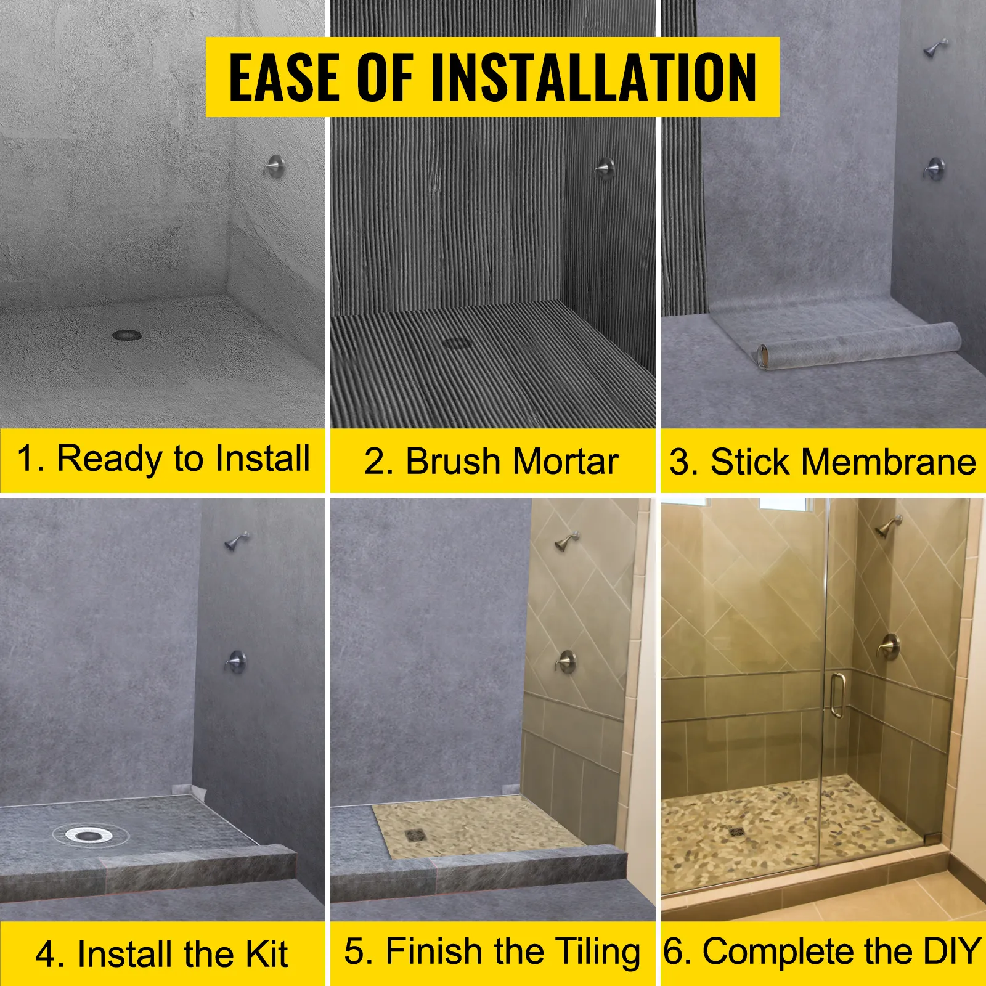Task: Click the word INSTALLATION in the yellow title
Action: pos(593,78)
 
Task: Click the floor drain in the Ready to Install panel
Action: pos(127,335)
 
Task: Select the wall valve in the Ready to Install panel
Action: pos(274,166)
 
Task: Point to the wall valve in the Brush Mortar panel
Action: pos(605,168)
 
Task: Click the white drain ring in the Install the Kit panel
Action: pos(91,835)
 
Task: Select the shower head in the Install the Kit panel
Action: pos(237,540)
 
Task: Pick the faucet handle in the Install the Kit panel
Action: pos(235,661)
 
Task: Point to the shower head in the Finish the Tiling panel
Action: pos(567,540)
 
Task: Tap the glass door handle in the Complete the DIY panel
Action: pos(836,695)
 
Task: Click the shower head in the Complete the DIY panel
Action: pos(889,526)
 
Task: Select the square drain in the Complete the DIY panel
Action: pos(736,831)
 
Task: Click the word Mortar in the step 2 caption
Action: pos(565,462)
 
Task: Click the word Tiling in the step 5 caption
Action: pos(597,951)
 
